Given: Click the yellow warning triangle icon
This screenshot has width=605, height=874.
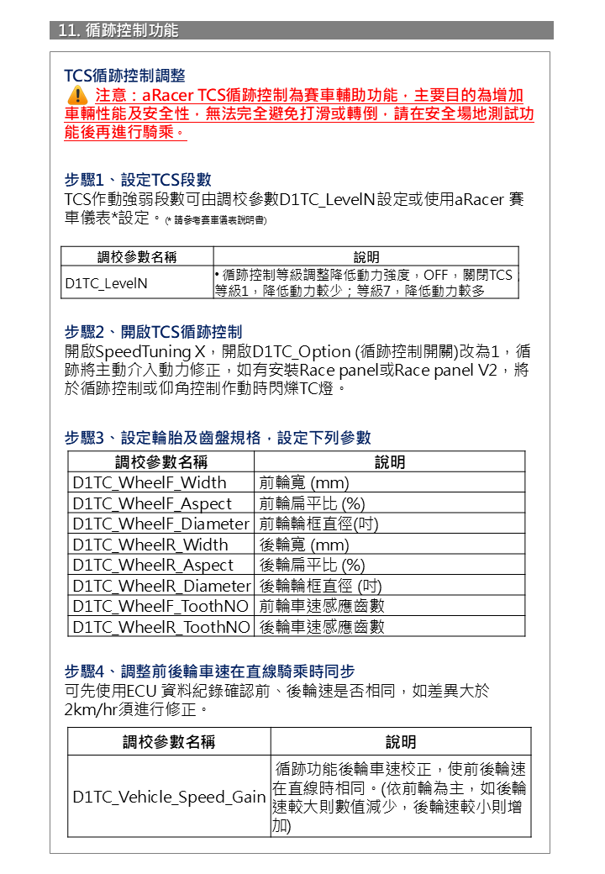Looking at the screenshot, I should click(76, 95).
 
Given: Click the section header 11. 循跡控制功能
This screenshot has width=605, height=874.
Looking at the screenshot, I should click(118, 30).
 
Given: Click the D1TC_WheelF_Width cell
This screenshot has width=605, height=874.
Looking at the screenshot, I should click(150, 482).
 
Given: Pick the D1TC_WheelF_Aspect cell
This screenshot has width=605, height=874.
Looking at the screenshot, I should click(152, 503).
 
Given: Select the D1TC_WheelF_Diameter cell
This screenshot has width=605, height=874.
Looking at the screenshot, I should click(160, 524).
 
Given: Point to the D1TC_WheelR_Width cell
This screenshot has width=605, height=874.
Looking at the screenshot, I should click(150, 545).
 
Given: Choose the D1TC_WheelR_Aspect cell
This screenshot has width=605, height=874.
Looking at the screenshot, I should click(153, 565).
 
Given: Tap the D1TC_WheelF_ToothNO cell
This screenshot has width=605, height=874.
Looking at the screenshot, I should click(160, 606).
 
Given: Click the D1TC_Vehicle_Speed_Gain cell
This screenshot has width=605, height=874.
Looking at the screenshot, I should click(169, 797).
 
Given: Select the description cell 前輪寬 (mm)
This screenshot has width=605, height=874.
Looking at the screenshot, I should click(304, 482).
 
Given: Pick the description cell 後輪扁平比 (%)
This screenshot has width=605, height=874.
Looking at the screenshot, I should click(312, 565).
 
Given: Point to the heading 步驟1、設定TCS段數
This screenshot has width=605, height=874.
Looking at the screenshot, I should click(138, 180).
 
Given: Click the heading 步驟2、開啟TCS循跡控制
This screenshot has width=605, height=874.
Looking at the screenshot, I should click(153, 331).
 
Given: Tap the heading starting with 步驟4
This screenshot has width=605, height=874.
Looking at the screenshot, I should click(209, 671).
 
